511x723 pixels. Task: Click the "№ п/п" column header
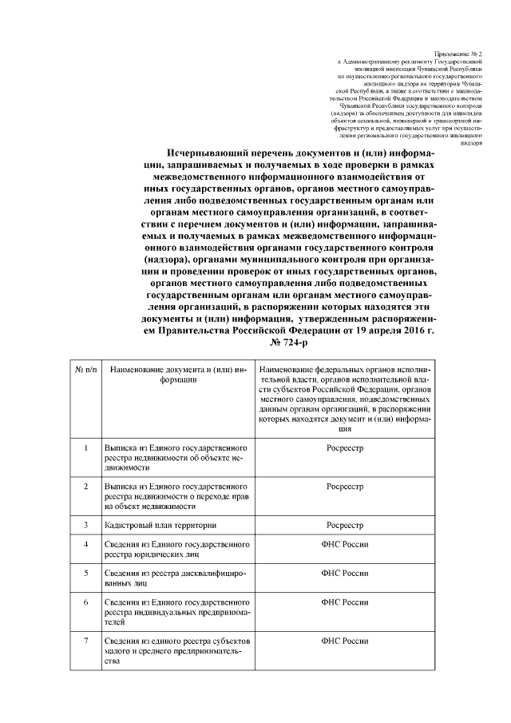click(x=85, y=371)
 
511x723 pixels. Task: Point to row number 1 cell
click(x=85, y=448)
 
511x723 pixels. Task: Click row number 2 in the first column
click(x=85, y=486)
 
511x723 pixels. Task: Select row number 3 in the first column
click(x=85, y=525)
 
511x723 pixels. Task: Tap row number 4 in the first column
click(x=85, y=544)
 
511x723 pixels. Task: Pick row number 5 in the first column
click(x=85, y=573)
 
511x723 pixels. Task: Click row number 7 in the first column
click(x=85, y=641)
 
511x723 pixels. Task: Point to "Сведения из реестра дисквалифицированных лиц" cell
click(x=170, y=578)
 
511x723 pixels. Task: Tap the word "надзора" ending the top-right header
click(x=469, y=144)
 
